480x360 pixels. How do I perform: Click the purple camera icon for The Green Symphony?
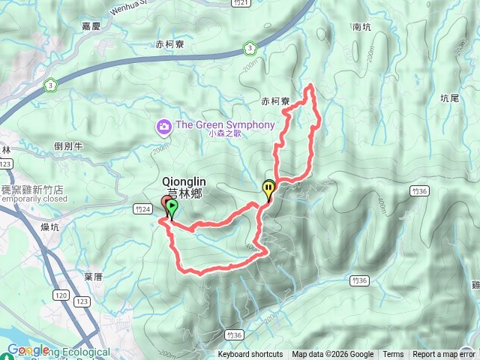click(163, 127)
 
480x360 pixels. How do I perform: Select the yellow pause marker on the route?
click(268, 189)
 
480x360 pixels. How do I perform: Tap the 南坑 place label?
click(361, 27)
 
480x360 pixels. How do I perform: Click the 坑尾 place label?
click(449, 97)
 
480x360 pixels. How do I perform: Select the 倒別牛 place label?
click(69, 146)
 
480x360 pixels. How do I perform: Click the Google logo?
click(28, 350)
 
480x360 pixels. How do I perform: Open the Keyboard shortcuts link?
click(250, 355)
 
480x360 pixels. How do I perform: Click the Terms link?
click(393, 355)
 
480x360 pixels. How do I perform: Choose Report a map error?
click(443, 355)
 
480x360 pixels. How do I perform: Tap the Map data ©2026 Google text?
click(332, 355)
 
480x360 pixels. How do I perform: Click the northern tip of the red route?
click(309, 87)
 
